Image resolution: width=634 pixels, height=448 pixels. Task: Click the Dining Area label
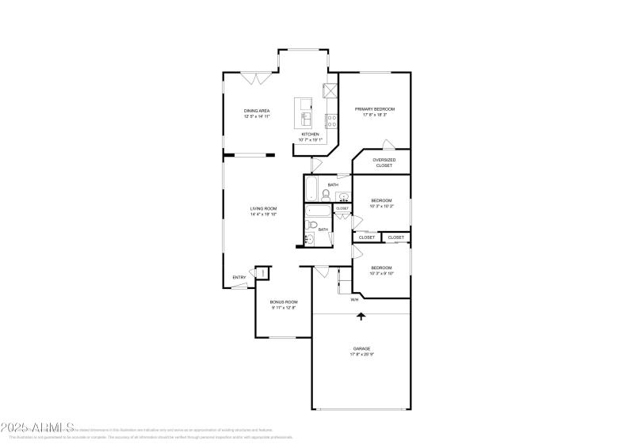[x=258, y=113]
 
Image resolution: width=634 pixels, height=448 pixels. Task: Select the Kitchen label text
[x=310, y=135]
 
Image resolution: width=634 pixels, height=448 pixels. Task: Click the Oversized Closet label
[x=384, y=163]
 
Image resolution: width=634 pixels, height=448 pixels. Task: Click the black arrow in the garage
[x=361, y=316]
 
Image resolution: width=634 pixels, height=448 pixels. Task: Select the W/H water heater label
[x=354, y=299]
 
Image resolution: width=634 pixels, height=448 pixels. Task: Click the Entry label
[x=239, y=277]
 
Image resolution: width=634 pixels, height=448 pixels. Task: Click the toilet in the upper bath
[x=326, y=193]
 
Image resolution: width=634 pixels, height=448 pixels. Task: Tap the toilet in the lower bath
[x=313, y=227]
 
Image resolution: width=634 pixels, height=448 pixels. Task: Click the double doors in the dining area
[x=257, y=78]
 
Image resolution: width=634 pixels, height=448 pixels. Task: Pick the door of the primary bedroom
[x=388, y=144]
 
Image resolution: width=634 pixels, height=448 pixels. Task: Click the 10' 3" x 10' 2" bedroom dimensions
[x=383, y=206]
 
